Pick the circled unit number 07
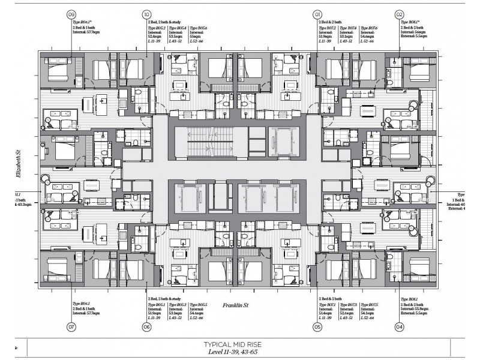tap(71, 327)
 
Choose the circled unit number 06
tap(146, 327)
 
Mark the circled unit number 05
tap(317, 327)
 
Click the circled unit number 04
tap(399, 327)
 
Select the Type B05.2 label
tap(157, 28)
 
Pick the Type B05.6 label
tap(199, 28)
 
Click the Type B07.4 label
tap(348, 28)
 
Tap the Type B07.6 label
tap(369, 28)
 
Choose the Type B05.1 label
tap(157, 305)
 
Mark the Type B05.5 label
tap(199, 305)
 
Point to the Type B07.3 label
tap(348, 305)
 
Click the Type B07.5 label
tap(369, 305)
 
